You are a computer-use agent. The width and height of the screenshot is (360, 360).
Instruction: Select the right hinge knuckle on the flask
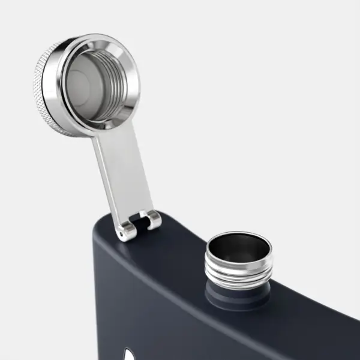click(154, 220)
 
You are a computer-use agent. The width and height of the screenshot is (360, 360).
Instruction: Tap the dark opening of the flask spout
click(238, 244)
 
